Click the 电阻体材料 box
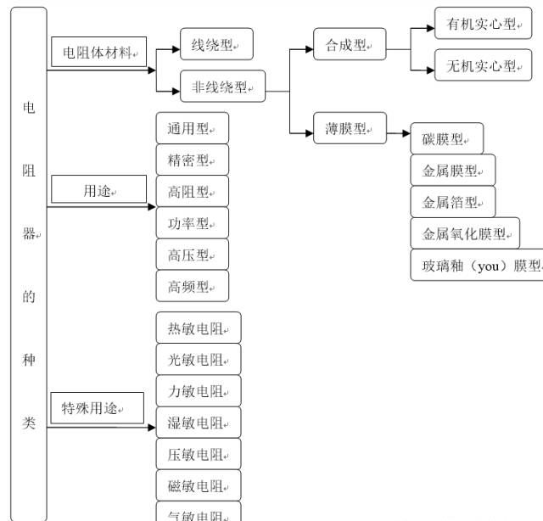pos(98,53)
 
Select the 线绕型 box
pos(216,44)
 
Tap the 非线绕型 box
pos(223,86)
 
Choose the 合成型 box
pos(349,44)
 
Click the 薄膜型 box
pos(350,128)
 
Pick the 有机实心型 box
pos(484,25)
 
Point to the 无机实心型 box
pos(484,65)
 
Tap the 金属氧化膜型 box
pos(465,233)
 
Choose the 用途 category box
pos(98,190)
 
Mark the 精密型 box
pos(193,160)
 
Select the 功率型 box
pos(193,223)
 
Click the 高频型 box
pos(193,286)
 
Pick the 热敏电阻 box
pos(199,328)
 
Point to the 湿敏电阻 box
pos(199,423)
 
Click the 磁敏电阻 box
pos(199,485)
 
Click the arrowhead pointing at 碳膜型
pos(405,132)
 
